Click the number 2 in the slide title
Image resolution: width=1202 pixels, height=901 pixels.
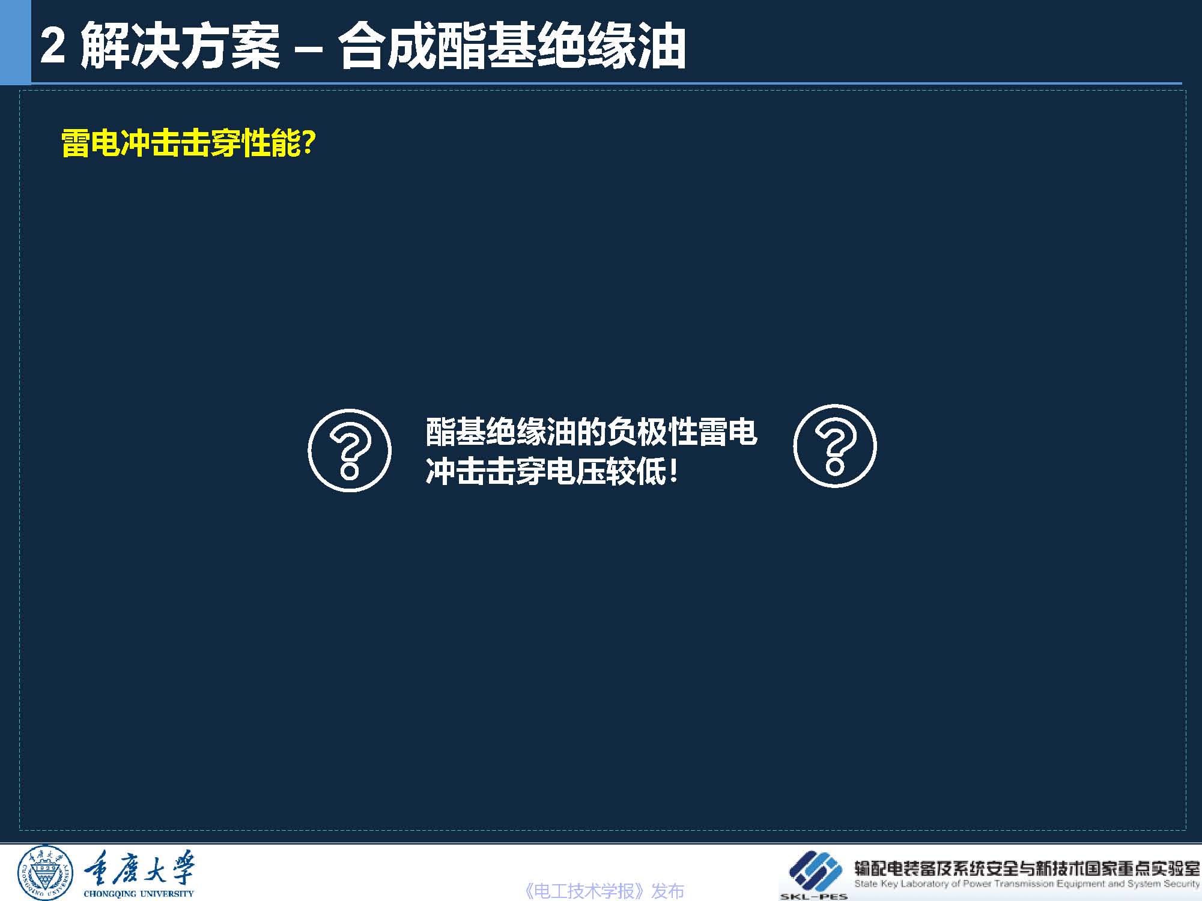pyautogui.click(x=53, y=46)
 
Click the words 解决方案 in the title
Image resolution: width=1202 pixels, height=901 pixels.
pyautogui.click(x=180, y=46)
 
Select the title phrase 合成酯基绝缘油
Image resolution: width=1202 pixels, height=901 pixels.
pyautogui.click(x=512, y=46)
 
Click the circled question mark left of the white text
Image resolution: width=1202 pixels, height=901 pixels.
pyautogui.click(x=350, y=450)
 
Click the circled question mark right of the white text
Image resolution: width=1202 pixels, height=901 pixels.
pyautogui.click(x=835, y=446)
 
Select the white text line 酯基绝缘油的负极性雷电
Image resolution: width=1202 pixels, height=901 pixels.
pyautogui.click(x=592, y=432)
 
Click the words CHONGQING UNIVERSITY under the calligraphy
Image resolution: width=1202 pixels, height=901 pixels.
pyautogui.click(x=139, y=893)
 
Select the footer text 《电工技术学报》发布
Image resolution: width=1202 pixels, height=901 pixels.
pyautogui.click(x=604, y=891)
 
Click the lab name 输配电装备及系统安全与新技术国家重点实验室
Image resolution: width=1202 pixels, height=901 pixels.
pyautogui.click(x=1027, y=868)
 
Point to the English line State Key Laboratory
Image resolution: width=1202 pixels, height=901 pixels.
pyautogui.click(x=1027, y=884)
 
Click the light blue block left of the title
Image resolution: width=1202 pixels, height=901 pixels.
pyautogui.click(x=15, y=42)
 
